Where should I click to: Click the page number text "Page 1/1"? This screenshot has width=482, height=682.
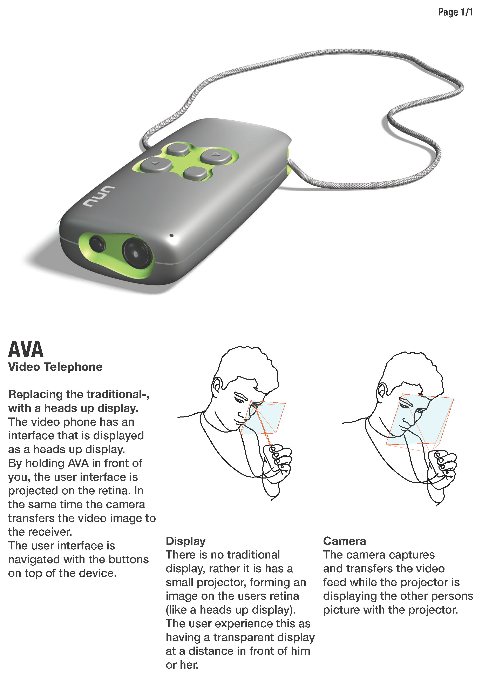pos(455,12)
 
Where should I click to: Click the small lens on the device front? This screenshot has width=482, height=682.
pos(97,244)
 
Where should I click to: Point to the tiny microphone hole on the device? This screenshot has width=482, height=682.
pos(171,236)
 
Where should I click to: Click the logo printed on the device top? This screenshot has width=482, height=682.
pos(99,197)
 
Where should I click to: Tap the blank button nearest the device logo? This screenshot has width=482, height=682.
pos(195,173)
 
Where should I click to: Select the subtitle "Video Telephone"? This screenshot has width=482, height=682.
pos(55,367)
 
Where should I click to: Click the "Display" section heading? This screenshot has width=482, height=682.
pos(186,541)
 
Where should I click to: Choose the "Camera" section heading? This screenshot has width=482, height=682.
pos(345,541)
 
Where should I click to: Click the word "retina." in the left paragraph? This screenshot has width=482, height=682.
pos(115,491)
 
